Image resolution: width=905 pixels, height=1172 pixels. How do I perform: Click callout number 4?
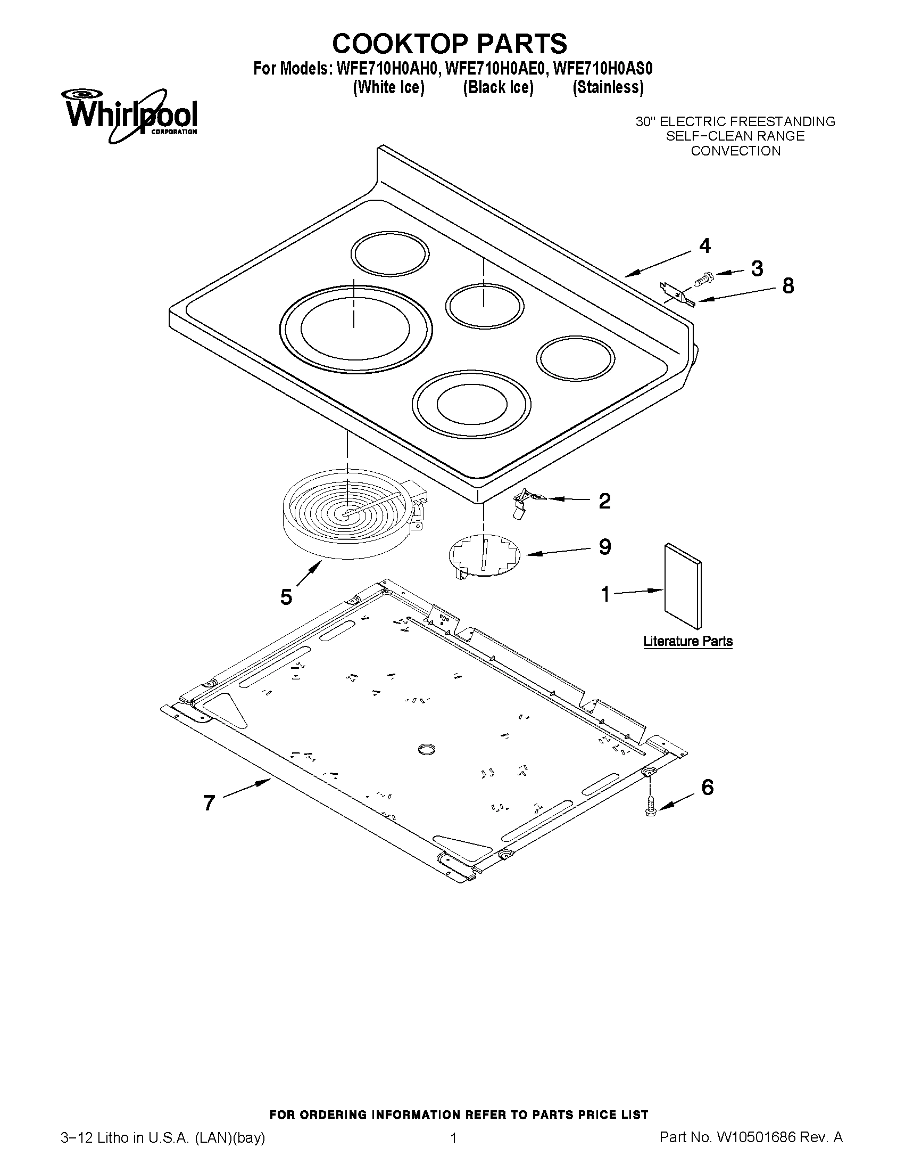tap(704, 246)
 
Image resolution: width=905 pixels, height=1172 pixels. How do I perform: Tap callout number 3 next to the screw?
tap(757, 268)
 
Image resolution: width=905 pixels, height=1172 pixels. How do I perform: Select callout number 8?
tap(787, 285)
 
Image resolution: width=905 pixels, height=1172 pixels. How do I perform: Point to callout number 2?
tap(604, 501)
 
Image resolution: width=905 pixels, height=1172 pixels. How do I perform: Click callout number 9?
tap(604, 547)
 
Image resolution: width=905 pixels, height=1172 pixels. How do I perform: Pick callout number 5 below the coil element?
tap(286, 596)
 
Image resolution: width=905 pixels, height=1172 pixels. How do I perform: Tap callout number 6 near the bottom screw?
tap(707, 787)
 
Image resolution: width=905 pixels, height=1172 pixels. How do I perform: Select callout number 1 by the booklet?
tap(605, 594)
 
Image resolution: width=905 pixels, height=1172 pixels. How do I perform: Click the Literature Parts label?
tap(688, 641)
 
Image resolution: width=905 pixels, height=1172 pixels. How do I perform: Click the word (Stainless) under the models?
tap(608, 87)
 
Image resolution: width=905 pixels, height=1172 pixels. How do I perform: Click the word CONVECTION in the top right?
tap(735, 151)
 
